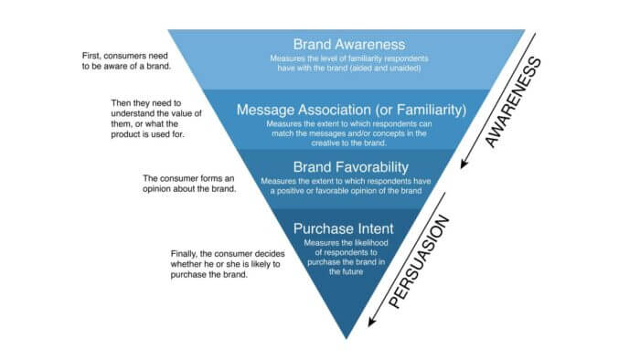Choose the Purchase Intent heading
pyautogui.click(x=345, y=227)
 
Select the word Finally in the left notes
pyautogui.click(x=187, y=252)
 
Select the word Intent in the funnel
pyautogui.click(x=378, y=227)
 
